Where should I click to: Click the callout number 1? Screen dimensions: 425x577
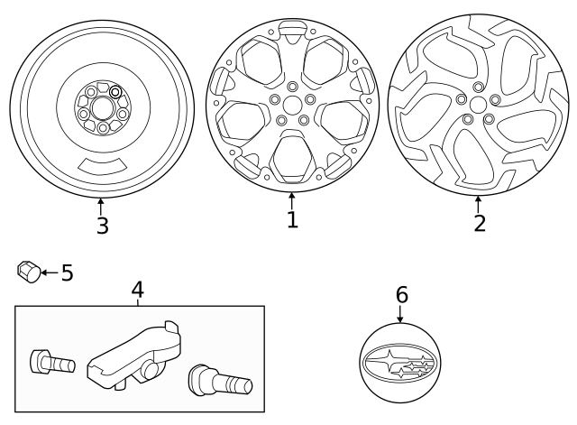tap(292, 219)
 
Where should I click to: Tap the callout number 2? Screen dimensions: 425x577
tap(479, 223)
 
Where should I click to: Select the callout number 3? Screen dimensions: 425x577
tap(102, 225)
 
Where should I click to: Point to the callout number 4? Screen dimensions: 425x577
tap(137, 290)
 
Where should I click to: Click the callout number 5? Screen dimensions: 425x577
tap(67, 273)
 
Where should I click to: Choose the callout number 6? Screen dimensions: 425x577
tap(401, 295)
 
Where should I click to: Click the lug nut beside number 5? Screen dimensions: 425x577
tap(27, 271)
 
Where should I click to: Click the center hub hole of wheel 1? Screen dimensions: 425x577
tap(292, 106)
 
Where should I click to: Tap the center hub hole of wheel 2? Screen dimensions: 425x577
tap(477, 104)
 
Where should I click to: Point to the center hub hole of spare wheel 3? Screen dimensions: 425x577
tap(101, 108)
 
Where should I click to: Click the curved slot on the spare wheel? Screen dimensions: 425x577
tap(102, 166)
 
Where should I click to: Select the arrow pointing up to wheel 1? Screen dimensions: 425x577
tap(292, 199)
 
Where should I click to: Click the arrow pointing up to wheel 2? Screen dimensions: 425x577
tap(478, 202)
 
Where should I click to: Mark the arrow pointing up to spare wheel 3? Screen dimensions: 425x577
tap(101, 205)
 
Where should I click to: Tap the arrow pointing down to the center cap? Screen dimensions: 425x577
tap(400, 313)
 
